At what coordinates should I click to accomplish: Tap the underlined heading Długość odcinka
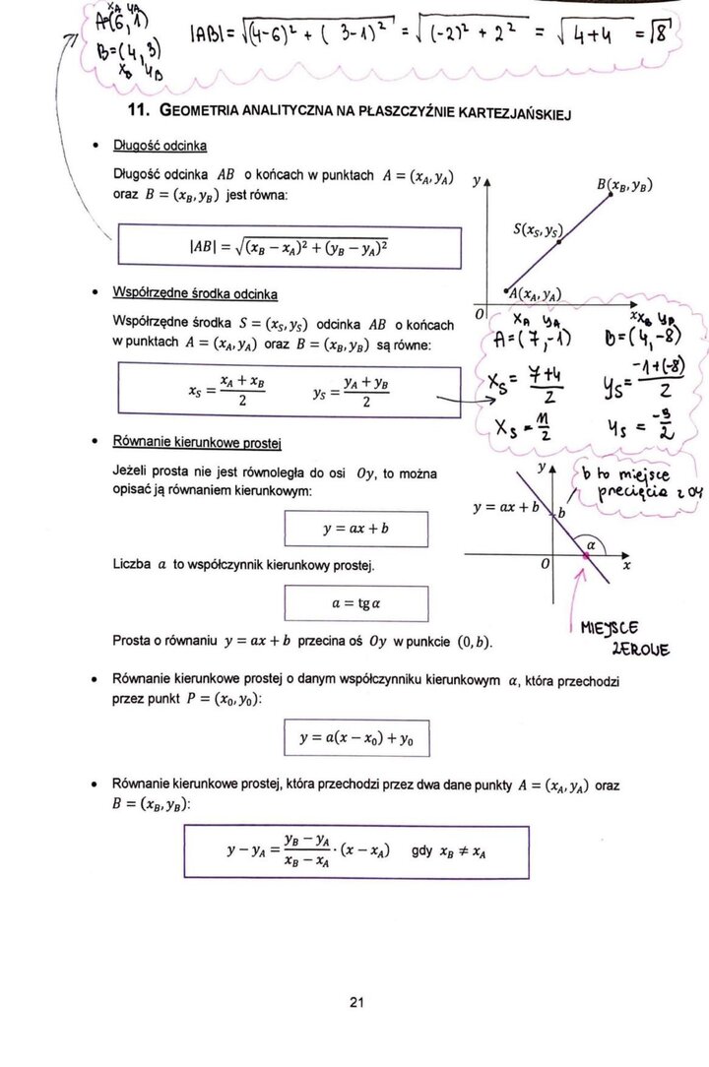tap(161, 146)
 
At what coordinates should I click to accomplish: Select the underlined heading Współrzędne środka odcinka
tap(195, 293)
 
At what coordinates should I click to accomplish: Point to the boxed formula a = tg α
tap(355, 602)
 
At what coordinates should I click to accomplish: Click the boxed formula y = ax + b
tap(355, 529)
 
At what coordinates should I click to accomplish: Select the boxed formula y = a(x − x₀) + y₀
tap(355, 737)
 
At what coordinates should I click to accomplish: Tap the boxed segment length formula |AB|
tap(289, 247)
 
